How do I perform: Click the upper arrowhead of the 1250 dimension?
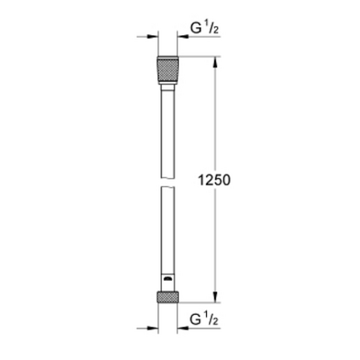pos(216,65)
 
